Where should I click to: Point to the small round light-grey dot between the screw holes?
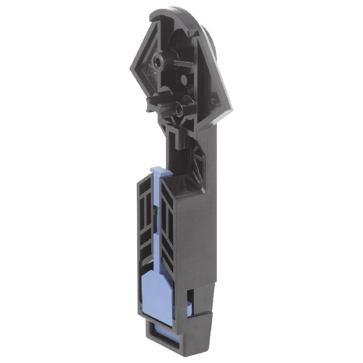point(184,80)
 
